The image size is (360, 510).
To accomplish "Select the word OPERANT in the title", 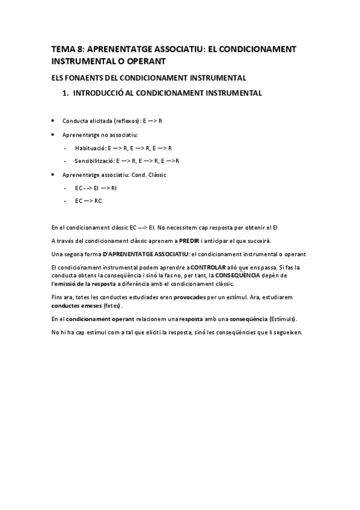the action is pos(144,61).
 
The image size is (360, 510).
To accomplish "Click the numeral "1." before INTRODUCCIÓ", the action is pos(66,93).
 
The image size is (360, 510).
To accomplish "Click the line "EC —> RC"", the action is pos(88,201).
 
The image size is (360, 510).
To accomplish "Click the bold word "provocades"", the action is pos(189,296).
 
